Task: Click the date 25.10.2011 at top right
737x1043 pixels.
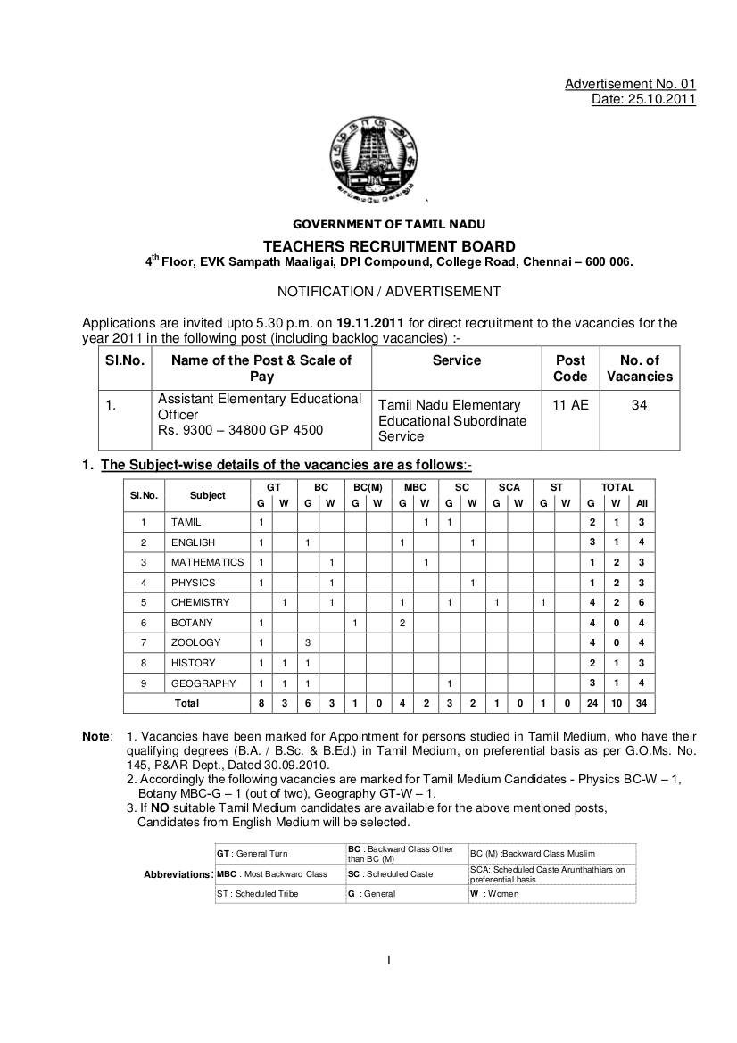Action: point(643,99)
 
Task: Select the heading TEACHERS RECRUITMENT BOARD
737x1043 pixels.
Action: point(388,246)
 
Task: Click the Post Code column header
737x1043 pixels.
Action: point(570,368)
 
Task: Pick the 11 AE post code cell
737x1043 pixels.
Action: point(570,405)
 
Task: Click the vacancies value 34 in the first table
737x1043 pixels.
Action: point(639,405)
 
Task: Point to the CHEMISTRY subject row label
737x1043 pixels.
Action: point(200,602)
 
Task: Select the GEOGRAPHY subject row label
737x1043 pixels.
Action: point(203,683)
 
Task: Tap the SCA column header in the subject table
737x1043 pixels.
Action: point(509,487)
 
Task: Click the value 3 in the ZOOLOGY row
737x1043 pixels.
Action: point(307,642)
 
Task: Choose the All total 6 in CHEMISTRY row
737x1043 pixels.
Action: point(642,602)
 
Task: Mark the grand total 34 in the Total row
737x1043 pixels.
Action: point(642,703)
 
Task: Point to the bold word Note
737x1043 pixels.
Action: point(95,736)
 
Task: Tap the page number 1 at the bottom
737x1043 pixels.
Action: point(388,960)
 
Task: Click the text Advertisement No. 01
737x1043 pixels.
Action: point(630,84)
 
